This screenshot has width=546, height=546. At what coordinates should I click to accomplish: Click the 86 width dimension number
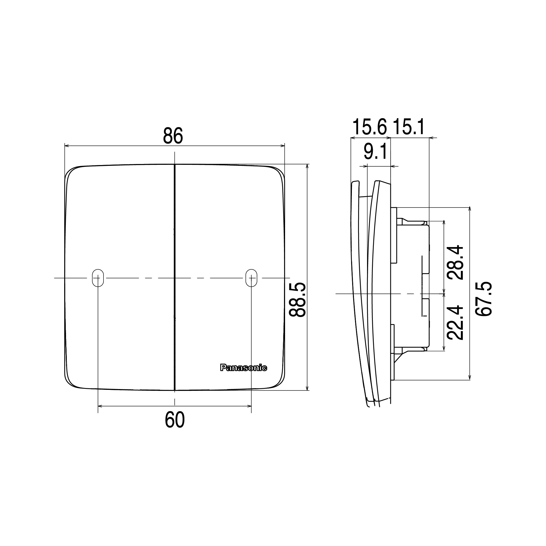click(173, 136)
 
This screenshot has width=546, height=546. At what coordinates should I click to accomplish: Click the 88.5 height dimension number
click(297, 299)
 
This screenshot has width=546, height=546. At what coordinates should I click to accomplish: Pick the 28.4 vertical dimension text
click(455, 262)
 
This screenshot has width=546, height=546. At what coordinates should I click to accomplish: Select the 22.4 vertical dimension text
click(455, 322)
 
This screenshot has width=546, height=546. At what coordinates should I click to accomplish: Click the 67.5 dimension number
click(484, 299)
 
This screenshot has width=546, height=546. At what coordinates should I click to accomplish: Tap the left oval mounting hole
click(98, 278)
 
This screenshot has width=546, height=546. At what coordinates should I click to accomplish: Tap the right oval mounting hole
click(251, 278)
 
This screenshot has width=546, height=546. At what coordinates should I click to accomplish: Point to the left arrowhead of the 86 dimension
click(67, 146)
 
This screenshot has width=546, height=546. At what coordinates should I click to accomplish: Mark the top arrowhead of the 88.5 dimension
click(307, 166)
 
